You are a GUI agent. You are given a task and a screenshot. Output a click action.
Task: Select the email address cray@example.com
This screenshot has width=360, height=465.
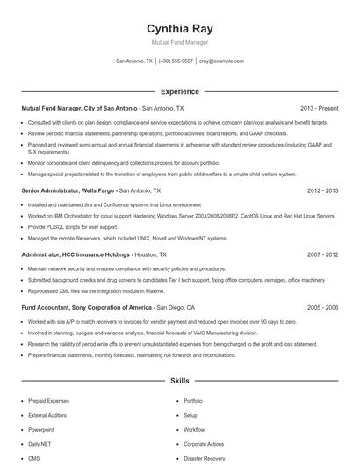222,61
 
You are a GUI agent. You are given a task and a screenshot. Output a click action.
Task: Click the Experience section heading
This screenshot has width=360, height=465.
179,90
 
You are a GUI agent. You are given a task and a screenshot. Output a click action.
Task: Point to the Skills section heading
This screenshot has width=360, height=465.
179,383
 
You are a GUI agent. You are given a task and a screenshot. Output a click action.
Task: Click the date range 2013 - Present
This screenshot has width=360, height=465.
319,108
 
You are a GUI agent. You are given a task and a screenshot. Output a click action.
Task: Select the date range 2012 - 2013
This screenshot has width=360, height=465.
322,190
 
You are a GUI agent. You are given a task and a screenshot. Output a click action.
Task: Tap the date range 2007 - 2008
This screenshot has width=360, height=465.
322,254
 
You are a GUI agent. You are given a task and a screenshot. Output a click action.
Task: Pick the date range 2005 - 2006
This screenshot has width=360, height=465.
322,308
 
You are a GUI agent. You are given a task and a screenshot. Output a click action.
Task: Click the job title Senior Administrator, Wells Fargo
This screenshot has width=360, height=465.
68,190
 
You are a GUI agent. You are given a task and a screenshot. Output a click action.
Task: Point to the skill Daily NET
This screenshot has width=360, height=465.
40,444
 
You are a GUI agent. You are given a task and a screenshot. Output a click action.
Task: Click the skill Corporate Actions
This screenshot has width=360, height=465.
205,444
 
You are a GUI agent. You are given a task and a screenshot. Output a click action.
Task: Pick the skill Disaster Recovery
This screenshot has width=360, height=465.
205,458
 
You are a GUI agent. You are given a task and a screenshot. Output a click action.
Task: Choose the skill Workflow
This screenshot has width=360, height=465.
194,429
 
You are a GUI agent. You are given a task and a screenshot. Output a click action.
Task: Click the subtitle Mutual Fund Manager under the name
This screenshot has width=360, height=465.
180,43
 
